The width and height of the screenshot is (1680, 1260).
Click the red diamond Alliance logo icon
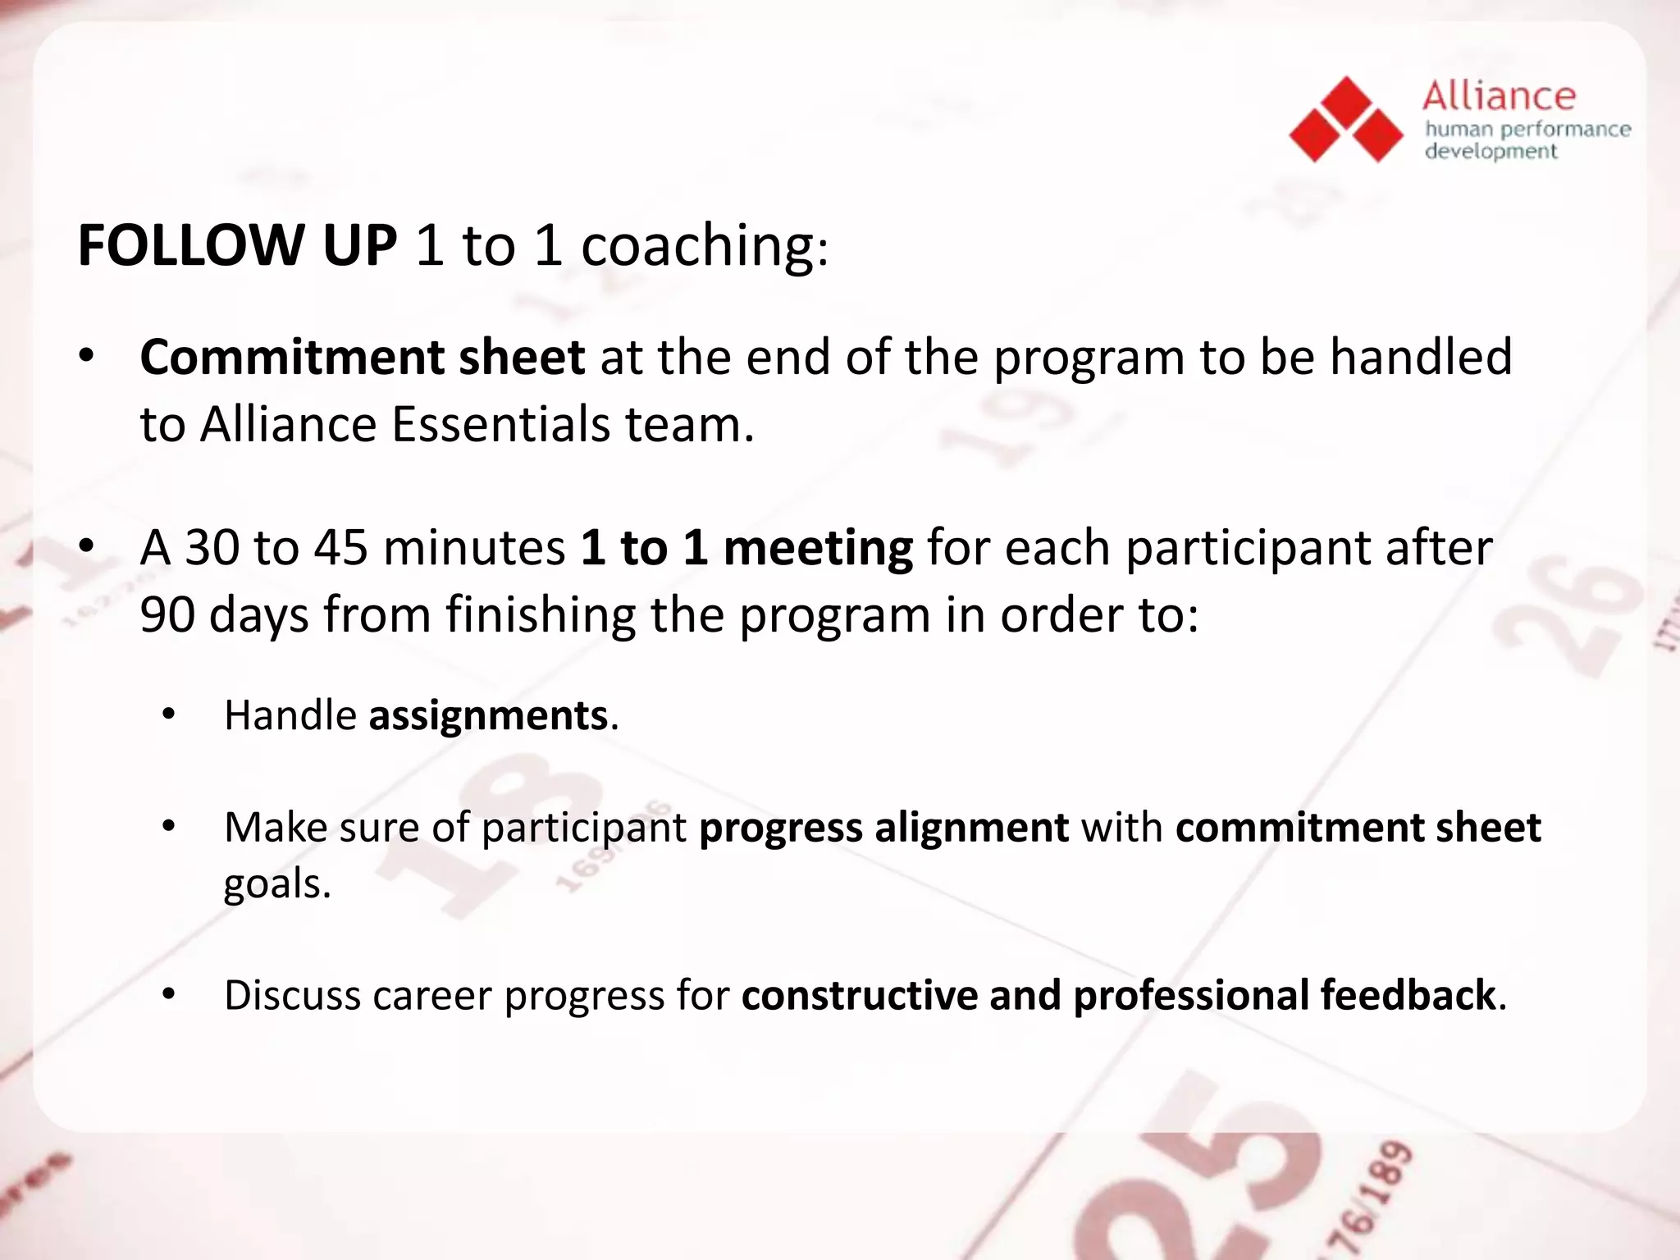(x=1345, y=121)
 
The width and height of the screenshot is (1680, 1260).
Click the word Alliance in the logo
(x=1499, y=97)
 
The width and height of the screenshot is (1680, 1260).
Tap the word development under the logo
(x=1491, y=152)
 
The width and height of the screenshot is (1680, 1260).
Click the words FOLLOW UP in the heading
(x=237, y=245)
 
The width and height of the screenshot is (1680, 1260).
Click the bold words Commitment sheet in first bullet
(x=362, y=358)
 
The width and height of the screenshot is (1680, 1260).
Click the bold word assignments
(x=488, y=715)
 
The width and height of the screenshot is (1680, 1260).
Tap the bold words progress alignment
(x=883, y=828)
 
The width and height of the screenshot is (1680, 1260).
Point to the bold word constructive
(x=860, y=996)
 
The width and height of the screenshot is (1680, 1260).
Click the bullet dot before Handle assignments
(x=169, y=715)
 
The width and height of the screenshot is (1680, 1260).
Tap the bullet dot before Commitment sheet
(x=87, y=358)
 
